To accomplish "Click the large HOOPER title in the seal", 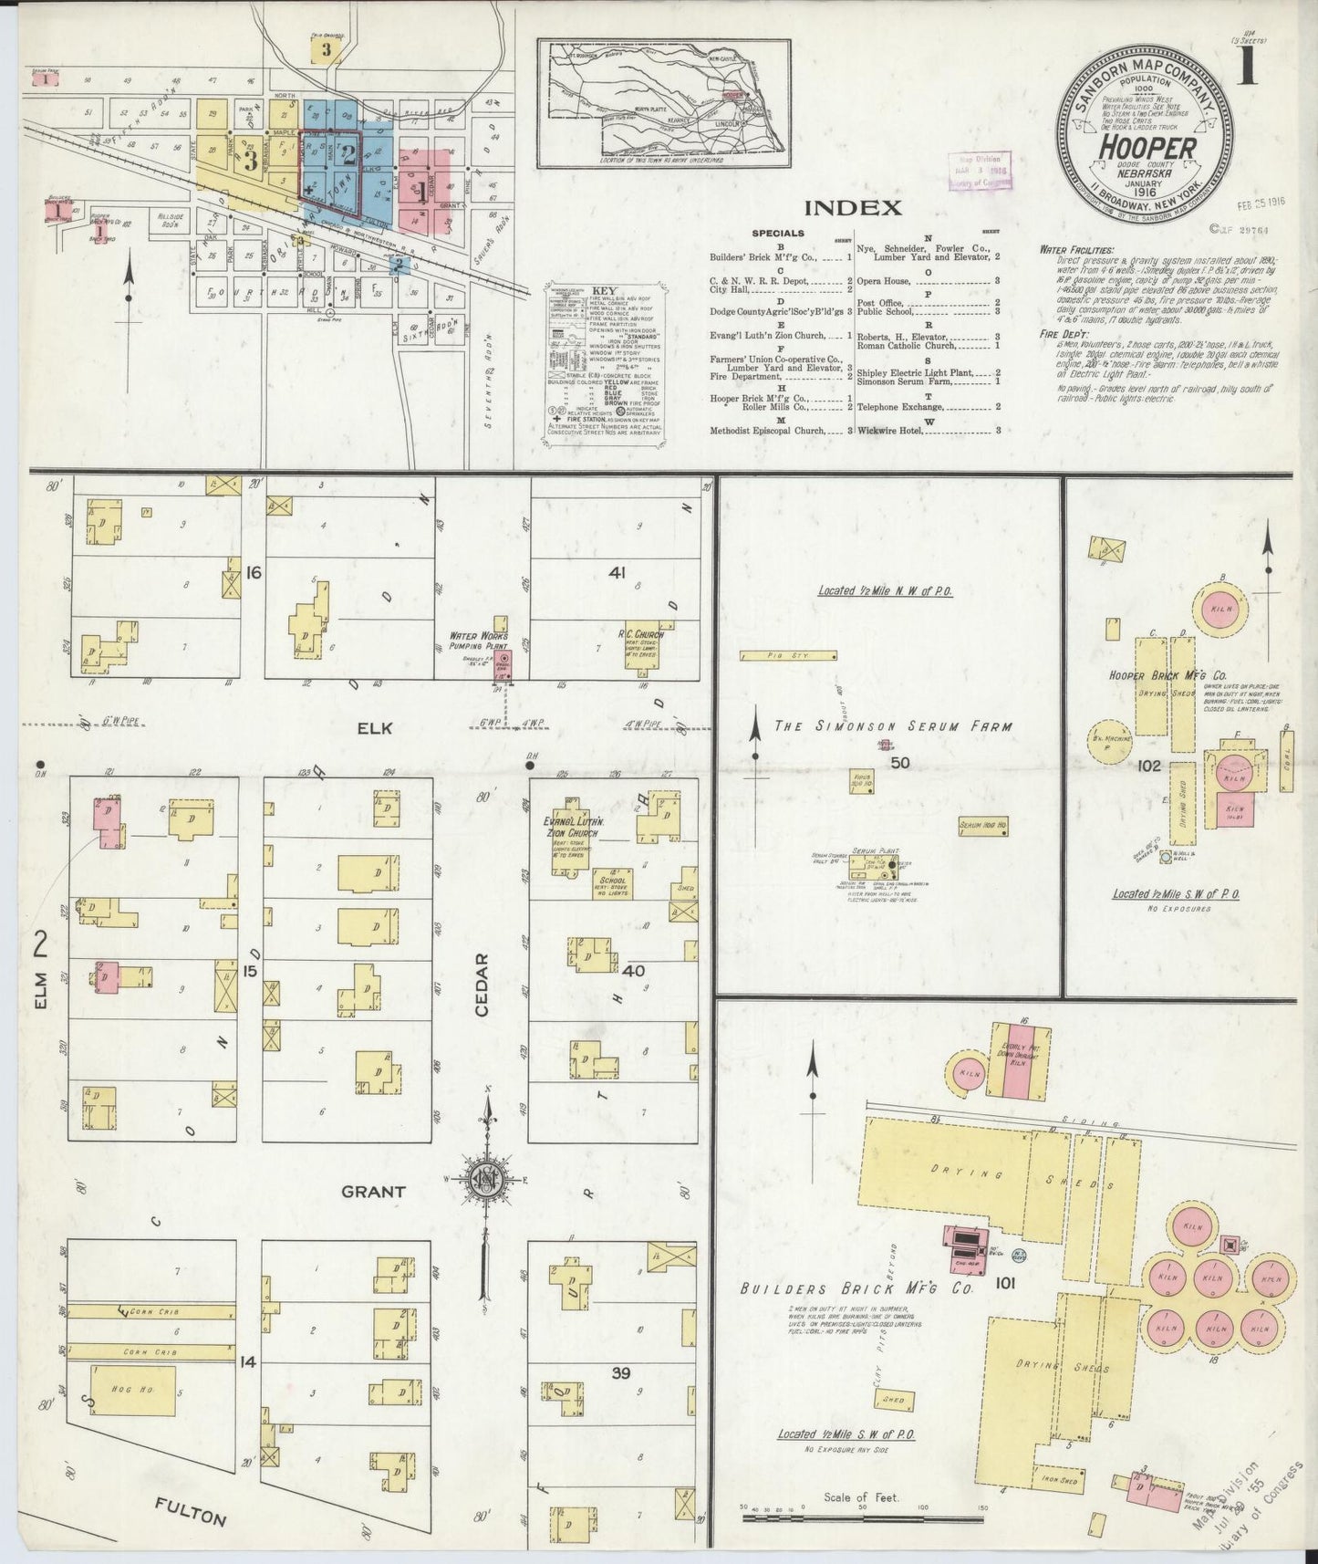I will coord(1146,146).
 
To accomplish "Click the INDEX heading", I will coord(854,207).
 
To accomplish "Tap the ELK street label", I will coord(375,727).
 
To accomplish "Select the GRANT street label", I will coord(373,1192).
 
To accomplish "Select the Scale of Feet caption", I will coord(860,1496).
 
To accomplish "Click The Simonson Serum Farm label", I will coord(893,727).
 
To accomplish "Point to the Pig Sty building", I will coord(788,655).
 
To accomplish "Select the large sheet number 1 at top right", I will coord(1246,71).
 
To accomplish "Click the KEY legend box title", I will coord(605,290).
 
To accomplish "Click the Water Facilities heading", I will coord(1076,249).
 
